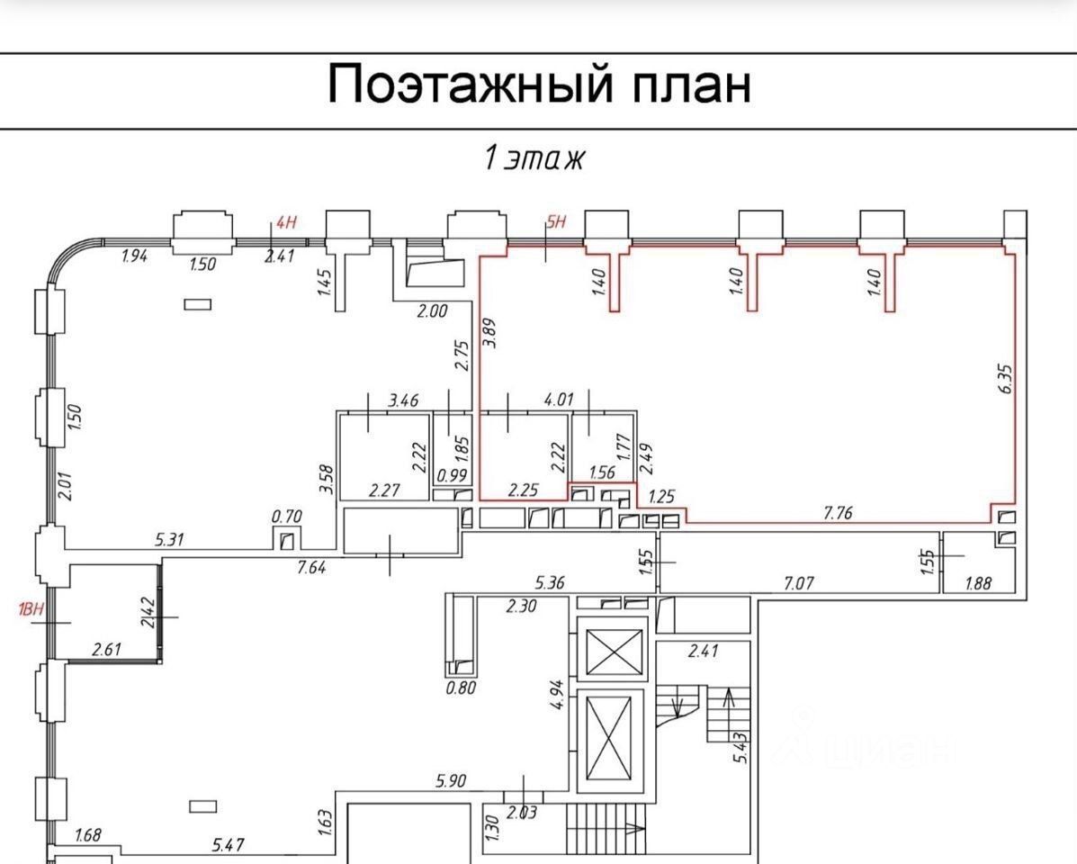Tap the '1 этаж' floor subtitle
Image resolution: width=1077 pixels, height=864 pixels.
coord(535,158)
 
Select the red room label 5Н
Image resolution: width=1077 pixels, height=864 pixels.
coord(556,222)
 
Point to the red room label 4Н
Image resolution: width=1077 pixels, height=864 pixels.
coord(285,222)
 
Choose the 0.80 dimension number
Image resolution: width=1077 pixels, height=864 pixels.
coord(460,689)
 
